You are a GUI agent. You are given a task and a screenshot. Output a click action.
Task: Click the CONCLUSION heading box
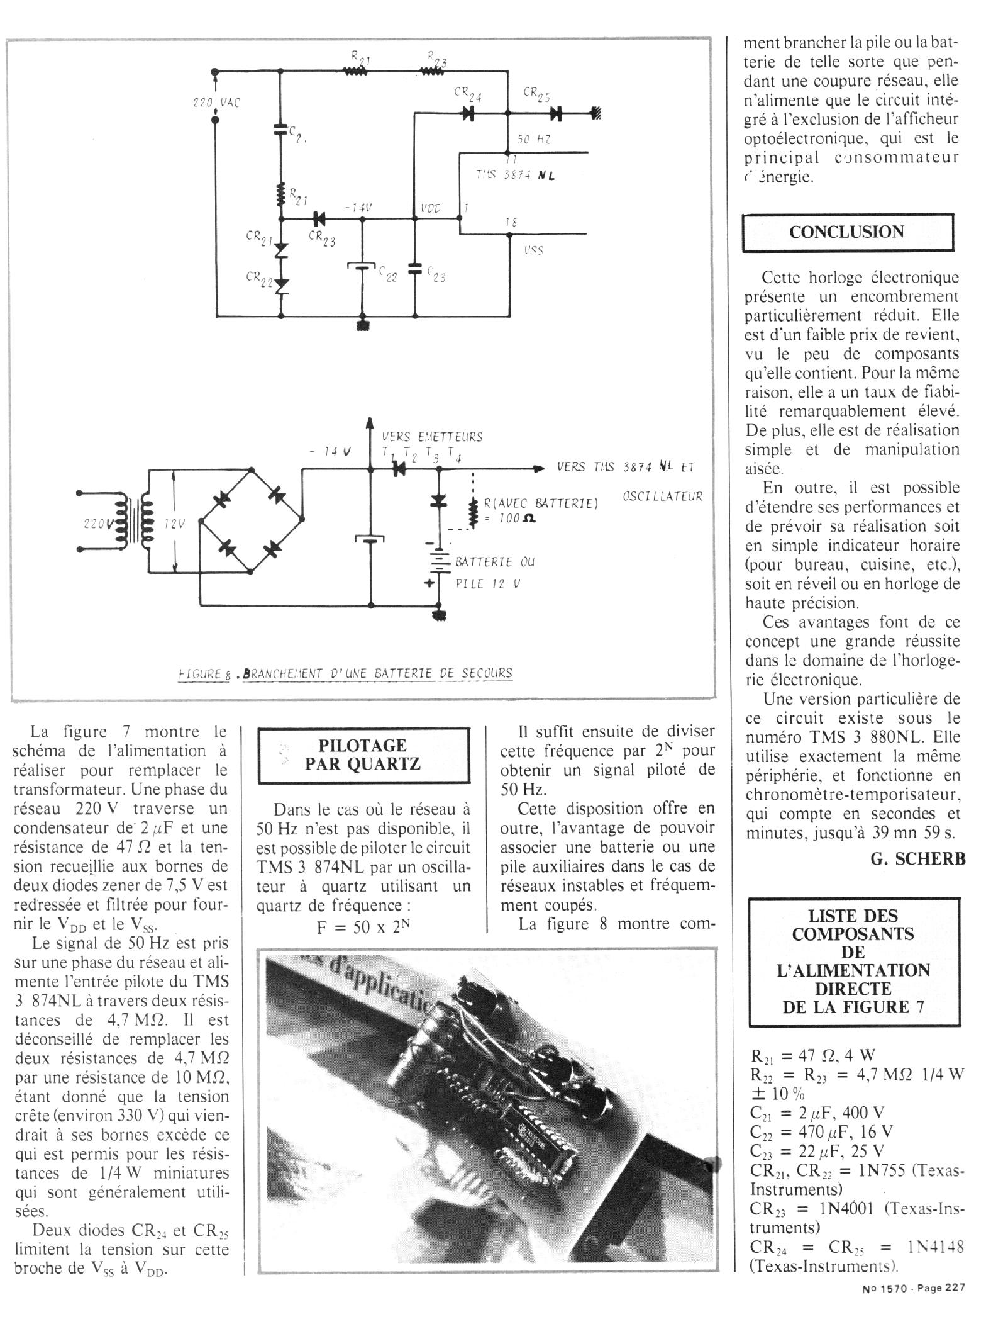pos(847,232)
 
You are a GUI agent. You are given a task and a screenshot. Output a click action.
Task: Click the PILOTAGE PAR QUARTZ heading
pos(363,755)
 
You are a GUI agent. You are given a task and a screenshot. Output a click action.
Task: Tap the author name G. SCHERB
pos(917,858)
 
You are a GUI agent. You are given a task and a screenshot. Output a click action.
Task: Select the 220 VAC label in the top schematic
pos(216,103)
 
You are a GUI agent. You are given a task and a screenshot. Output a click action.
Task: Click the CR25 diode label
pos(536,94)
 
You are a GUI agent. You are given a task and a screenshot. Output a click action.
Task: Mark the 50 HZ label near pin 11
pos(534,140)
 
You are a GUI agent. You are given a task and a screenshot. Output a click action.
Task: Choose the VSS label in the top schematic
pos(533,250)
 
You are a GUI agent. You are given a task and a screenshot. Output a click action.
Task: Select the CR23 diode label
pos(321,238)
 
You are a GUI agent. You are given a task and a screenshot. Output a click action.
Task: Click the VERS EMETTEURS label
pos(432,437)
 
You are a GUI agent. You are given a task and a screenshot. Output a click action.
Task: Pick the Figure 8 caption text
pos(345,673)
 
